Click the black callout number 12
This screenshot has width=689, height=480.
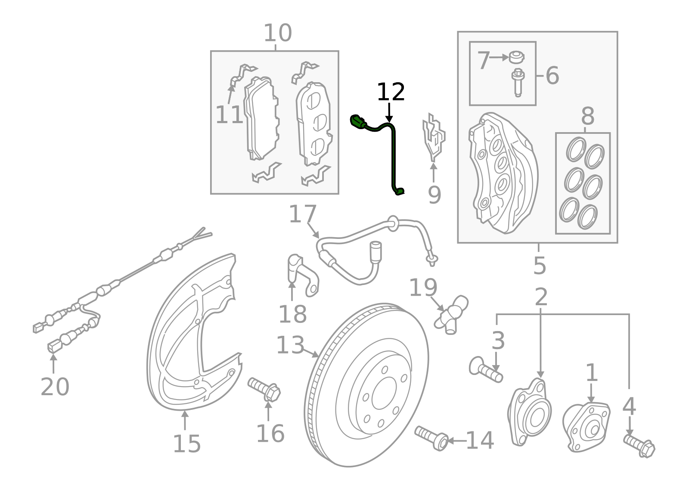tap(391, 92)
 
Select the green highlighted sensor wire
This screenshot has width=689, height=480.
tap(393, 155)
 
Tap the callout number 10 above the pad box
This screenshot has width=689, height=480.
tap(277, 33)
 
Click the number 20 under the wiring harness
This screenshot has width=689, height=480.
tap(55, 387)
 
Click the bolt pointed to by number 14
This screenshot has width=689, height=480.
tap(432, 437)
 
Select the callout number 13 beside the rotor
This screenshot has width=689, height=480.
tap(290, 345)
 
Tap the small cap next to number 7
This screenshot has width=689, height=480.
tap(516, 57)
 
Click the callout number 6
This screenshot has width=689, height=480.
tap(552, 76)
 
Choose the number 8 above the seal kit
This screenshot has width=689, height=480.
tap(587, 117)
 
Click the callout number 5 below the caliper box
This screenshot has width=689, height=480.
tap(539, 265)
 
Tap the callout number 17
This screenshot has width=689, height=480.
tap(303, 214)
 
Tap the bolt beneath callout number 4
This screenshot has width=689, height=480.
tap(639, 446)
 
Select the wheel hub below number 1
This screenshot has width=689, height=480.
tap(587, 426)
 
